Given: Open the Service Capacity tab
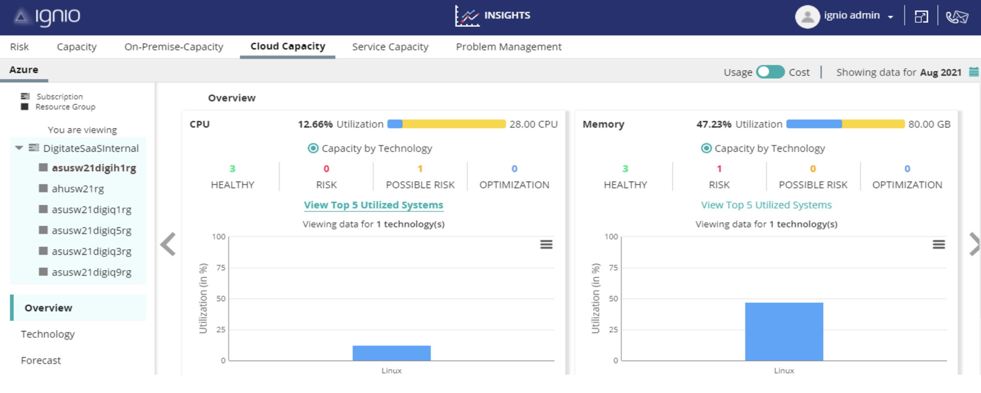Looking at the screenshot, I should pos(390,47).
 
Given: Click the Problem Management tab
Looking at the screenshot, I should pos(508,47).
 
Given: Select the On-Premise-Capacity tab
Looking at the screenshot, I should pos(174,47).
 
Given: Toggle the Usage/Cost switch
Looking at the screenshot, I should pos(770,72).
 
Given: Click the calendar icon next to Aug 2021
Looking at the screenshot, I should pos(973,72).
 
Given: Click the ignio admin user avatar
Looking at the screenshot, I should pos(807,17).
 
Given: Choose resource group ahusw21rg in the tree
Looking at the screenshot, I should pos(77,189).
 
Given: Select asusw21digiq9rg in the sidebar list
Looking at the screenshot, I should pos(91,272).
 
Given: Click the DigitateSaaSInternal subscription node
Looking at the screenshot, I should pos(90,148).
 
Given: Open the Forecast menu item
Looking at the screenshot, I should pos(41,360).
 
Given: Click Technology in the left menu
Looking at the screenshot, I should pos(48,334).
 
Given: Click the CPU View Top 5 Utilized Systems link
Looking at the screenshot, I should pos(373,205).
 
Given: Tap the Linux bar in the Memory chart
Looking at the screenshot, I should pos(784,331).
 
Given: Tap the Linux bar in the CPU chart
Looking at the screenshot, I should pos(391,353).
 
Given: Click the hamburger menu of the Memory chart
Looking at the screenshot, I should pos(938,244).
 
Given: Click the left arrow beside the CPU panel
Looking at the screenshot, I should pos(168,244).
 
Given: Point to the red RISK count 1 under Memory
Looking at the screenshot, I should pos(719,168).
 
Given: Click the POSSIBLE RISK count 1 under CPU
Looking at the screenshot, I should pos(420,168).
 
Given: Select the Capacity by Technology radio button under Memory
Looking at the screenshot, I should pos(706,148).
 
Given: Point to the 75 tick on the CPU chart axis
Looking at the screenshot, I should pos(221,268).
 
